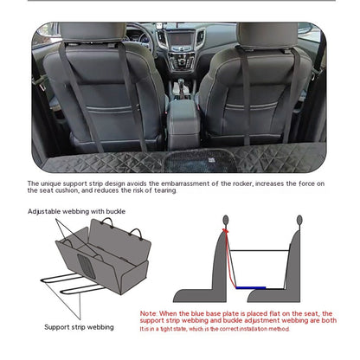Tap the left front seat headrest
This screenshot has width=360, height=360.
coord(90,34)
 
